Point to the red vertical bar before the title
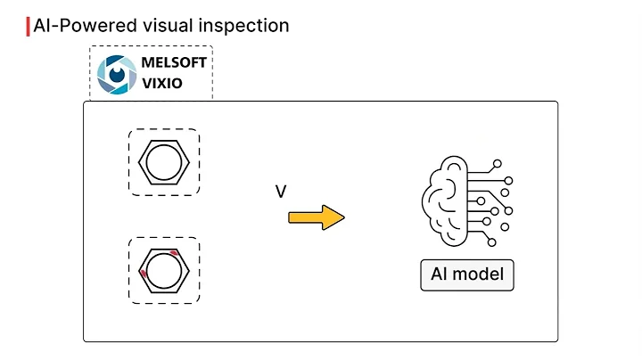pyautogui.click(x=28, y=25)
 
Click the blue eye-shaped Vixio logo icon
pyautogui.click(x=114, y=74)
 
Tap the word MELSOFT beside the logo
pyautogui.click(x=174, y=63)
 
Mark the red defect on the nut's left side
pyautogui.click(x=143, y=274)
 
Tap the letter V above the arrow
pyautogui.click(x=280, y=192)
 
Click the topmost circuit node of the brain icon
pyautogui.click(x=498, y=163)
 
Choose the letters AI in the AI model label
pyautogui.click(x=439, y=274)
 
